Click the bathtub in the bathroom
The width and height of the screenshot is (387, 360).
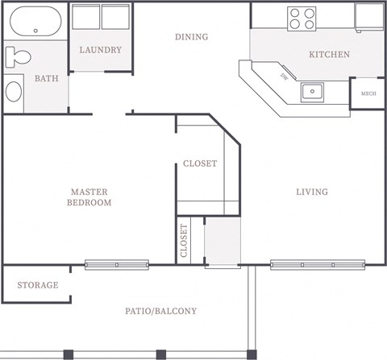point(34,22)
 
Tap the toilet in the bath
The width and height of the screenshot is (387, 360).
point(17,57)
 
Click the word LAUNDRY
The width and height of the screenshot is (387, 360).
point(101,50)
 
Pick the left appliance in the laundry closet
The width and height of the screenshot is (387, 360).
point(86,17)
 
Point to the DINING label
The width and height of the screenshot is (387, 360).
point(191,37)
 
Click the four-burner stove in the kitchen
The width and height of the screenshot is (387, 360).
point(302,18)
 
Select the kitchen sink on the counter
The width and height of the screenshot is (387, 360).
point(313,91)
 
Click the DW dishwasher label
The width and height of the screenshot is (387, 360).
point(284,77)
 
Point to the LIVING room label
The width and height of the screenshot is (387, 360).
point(312,192)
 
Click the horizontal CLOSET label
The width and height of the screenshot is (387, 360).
point(200,163)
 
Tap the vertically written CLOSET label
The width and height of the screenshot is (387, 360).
point(184,240)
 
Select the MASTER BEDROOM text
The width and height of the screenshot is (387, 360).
point(89,197)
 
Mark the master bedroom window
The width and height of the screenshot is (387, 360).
point(117,264)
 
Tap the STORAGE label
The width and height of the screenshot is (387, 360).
point(38,285)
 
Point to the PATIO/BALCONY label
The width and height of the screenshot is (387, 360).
point(160,311)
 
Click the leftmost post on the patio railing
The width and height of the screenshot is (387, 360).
point(69,354)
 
